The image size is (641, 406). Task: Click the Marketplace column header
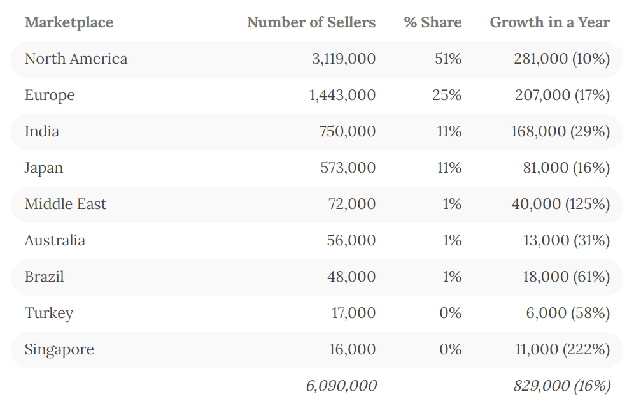pyautogui.click(x=69, y=23)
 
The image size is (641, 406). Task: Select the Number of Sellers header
pyautogui.click(x=311, y=23)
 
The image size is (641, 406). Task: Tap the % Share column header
pyautogui.click(x=433, y=23)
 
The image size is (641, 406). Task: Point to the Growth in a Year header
pyautogui.click(x=549, y=23)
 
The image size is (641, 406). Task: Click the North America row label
pyautogui.click(x=76, y=59)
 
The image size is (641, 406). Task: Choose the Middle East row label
pyautogui.click(x=66, y=205)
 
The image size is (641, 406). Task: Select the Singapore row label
pyautogui.click(x=59, y=350)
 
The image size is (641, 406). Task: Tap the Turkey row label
pyautogui.click(x=49, y=314)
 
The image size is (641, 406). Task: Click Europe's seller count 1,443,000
pyautogui.click(x=342, y=96)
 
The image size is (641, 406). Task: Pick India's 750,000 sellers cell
pyautogui.click(x=348, y=132)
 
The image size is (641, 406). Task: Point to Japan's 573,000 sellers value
pyautogui.click(x=348, y=168)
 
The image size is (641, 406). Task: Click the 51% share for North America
pyautogui.click(x=448, y=59)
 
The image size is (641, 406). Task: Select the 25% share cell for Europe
pyautogui.click(x=448, y=96)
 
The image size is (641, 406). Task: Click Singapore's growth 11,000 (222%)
pyautogui.click(x=562, y=350)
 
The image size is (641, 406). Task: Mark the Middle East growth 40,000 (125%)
pyautogui.click(x=560, y=205)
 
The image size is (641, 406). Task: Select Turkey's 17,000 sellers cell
pyautogui.click(x=353, y=314)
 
